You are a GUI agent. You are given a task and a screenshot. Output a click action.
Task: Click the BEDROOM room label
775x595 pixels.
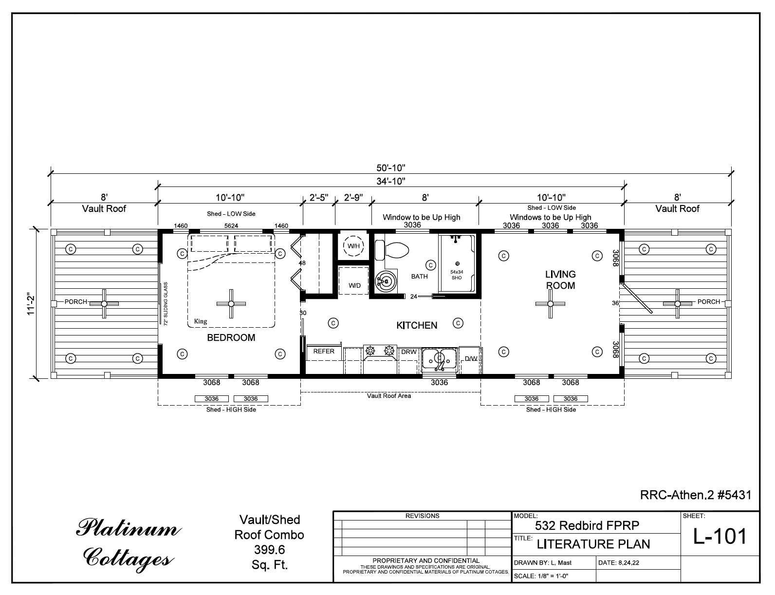coord(231,337)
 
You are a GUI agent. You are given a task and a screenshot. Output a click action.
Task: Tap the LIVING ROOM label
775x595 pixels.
coord(560,280)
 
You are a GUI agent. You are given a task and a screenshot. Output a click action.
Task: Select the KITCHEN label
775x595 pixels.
coord(417,325)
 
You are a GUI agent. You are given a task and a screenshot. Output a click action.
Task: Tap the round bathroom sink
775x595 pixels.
coord(386,281)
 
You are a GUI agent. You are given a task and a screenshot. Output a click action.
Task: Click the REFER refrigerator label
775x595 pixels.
coord(324,351)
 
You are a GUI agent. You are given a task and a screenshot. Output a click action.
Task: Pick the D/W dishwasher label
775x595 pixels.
coord(470,359)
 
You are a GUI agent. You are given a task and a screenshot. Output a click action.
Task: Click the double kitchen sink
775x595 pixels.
coord(439,359)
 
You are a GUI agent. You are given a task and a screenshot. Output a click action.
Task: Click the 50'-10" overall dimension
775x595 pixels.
coord(391,168)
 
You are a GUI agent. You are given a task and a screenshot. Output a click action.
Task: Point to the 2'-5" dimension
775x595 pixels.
coord(319,198)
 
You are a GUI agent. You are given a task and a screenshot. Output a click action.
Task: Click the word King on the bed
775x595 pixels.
coord(201,321)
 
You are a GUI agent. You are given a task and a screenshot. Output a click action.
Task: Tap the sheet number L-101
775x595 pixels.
coord(720,536)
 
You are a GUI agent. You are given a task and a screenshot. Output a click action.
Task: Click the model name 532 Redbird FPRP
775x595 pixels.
coord(587,525)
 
